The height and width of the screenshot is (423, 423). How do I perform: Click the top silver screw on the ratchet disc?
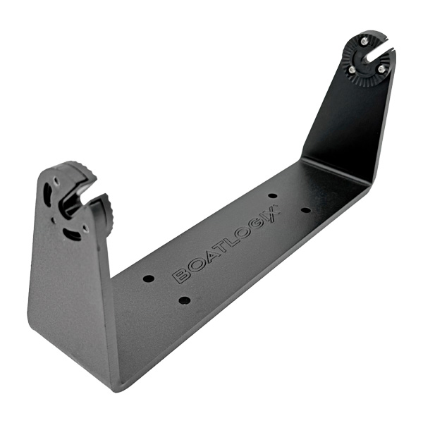coord(364,41)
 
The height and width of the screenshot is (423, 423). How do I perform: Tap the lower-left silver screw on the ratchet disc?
coord(351,70)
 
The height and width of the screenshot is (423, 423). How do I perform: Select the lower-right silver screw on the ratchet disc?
coord(381,70)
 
